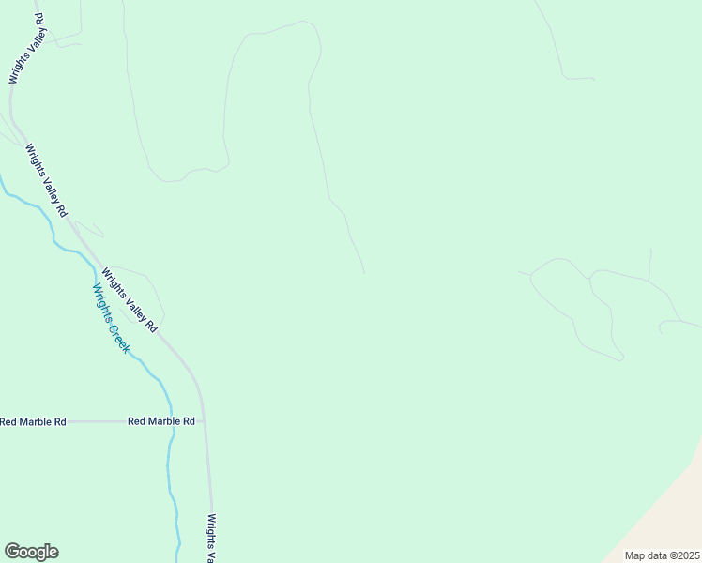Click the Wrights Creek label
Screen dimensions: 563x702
click(x=111, y=318)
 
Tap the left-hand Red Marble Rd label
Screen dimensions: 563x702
click(x=33, y=422)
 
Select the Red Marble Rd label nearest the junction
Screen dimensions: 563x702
click(x=161, y=422)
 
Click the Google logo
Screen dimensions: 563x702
click(x=31, y=552)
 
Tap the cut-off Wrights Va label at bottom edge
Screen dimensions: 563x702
click(x=213, y=538)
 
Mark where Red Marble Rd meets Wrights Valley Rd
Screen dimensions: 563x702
click(x=205, y=421)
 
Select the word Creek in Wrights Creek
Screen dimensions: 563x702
click(x=119, y=335)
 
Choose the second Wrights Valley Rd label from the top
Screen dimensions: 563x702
click(x=47, y=181)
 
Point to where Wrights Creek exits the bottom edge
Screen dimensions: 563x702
click(x=178, y=560)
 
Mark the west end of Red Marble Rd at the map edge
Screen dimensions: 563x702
click(x=2, y=422)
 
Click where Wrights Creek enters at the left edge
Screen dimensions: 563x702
click(x=2, y=178)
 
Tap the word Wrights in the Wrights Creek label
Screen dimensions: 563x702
click(x=102, y=303)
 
